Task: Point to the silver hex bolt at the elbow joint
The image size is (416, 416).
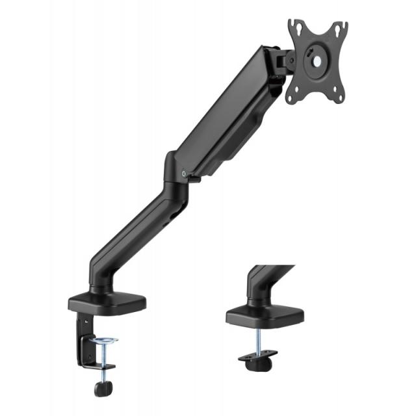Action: pyautogui.click(x=185, y=174)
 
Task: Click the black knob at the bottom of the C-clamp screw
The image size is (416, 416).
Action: pyautogui.click(x=103, y=389)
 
